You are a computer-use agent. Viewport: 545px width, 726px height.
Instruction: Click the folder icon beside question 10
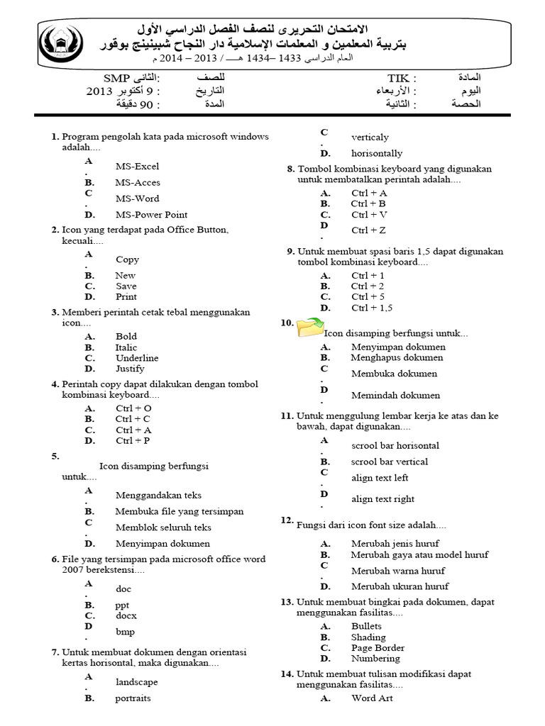pyautogui.click(x=310, y=328)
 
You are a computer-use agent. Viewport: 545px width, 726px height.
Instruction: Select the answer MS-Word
pyautogui.click(x=137, y=199)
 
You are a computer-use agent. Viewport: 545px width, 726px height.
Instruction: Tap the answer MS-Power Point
pyautogui.click(x=151, y=215)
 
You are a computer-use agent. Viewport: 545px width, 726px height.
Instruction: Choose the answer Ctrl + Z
pyautogui.click(x=368, y=230)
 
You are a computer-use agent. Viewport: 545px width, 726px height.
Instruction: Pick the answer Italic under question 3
pyautogui.click(x=126, y=347)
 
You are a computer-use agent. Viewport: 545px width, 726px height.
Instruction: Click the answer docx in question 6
pyautogui.click(x=126, y=616)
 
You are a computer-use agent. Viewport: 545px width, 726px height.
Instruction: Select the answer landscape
pyautogui.click(x=136, y=682)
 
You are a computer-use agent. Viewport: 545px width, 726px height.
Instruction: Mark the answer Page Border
pyautogui.click(x=378, y=648)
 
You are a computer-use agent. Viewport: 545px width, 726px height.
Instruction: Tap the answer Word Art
pyautogui.click(x=372, y=698)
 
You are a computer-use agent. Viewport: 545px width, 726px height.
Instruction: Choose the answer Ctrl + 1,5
pyautogui.click(x=371, y=308)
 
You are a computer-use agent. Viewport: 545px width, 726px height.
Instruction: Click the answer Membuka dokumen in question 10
pyautogui.click(x=394, y=374)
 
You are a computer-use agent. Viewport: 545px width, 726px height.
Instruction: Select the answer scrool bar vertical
pyautogui.click(x=390, y=462)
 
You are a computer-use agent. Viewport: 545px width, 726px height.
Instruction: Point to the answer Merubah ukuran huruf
pyautogui.click(x=400, y=586)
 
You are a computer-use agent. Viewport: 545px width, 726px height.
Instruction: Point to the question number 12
pyautogui.click(x=287, y=520)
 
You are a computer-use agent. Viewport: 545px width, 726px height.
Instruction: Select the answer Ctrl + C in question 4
pyautogui.click(x=133, y=419)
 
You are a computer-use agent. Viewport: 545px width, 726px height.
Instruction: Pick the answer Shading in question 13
pyautogui.click(x=368, y=637)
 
